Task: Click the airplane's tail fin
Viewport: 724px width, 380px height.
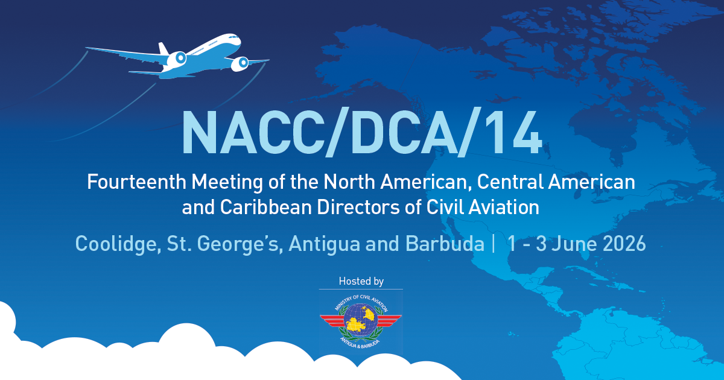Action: [163, 49]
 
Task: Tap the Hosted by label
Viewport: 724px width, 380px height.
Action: [361, 281]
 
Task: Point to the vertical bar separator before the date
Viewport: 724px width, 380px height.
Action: [494, 244]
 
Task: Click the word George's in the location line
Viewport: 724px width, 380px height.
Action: [245, 244]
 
